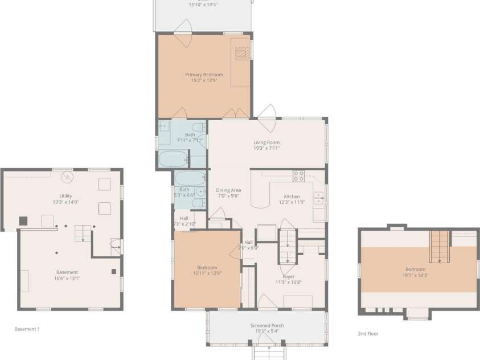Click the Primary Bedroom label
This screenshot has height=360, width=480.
click(204, 75)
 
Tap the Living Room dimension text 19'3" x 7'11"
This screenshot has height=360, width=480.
click(266, 148)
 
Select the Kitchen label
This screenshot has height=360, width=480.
click(292, 197)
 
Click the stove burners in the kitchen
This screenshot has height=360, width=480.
click(298, 175)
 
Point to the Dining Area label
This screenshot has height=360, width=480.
click(228, 190)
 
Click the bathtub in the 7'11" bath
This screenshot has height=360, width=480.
click(173, 159)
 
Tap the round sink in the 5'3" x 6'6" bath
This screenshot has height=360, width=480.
click(200, 191)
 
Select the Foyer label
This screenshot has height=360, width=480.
click(289, 276)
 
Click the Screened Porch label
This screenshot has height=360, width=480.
click(267, 326)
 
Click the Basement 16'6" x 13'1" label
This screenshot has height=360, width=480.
click(67, 272)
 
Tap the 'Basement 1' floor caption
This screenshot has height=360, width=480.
click(27, 329)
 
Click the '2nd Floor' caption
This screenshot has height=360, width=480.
click(368, 334)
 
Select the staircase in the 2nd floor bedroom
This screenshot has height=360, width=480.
click(439, 246)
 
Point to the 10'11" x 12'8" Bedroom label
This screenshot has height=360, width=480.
click(207, 268)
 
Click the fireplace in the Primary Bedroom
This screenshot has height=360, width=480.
click(243, 53)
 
